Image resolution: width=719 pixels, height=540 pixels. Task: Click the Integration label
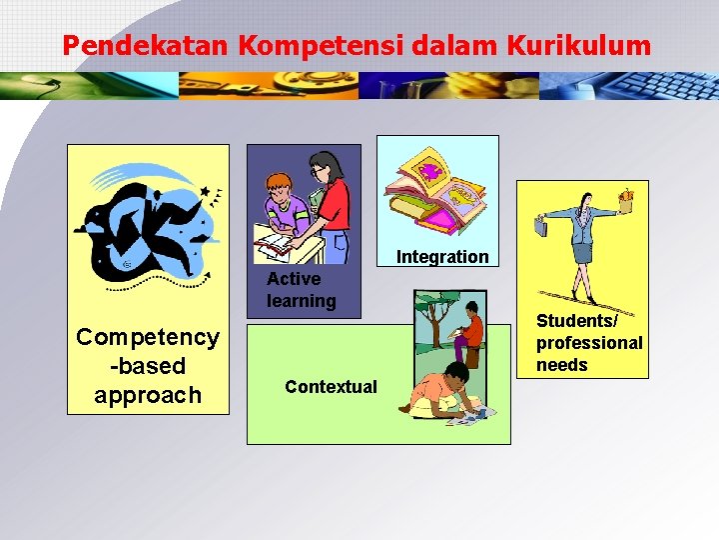(442, 257)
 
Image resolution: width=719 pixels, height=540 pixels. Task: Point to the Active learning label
(301, 289)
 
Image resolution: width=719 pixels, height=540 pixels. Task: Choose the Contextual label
(331, 386)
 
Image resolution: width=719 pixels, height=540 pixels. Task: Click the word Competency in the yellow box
(148, 337)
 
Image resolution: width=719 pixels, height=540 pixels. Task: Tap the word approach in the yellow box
(148, 395)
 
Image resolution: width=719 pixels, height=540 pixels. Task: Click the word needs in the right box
(562, 365)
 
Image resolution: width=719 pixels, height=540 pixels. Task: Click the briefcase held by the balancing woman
(541, 226)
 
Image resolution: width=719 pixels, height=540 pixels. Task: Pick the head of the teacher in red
(323, 164)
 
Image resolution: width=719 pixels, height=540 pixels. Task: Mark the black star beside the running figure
(205, 191)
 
